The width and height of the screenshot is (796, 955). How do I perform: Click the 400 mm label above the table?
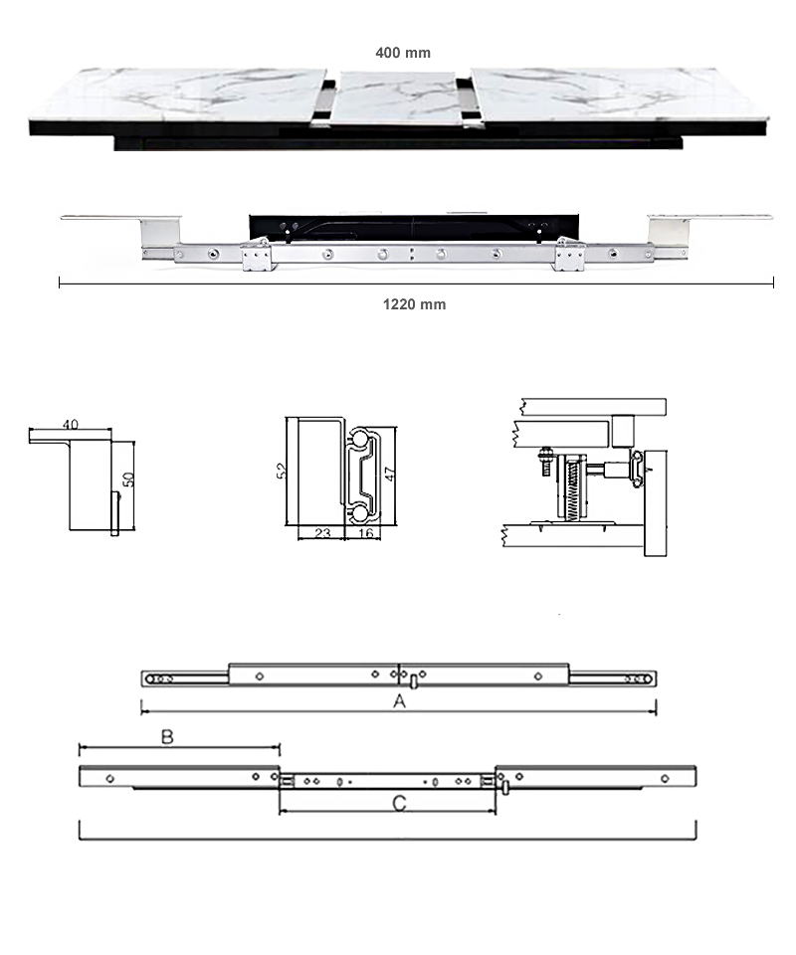coord(403,53)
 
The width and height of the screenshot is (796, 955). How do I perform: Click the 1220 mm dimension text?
coord(414,304)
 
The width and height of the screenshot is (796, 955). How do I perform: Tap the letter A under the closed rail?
coord(399,701)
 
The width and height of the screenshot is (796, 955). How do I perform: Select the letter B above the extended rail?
coord(167,737)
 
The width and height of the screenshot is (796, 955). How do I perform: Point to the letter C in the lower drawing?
coord(399,804)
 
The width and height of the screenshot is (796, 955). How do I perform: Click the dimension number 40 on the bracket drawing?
coord(71,425)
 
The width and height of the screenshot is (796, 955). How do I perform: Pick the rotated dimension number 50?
coord(128,479)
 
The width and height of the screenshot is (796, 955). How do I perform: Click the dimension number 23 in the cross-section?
coord(322,533)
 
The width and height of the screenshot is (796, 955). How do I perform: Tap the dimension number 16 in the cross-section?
coord(365,533)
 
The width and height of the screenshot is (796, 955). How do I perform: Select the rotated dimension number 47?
coord(390,474)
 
